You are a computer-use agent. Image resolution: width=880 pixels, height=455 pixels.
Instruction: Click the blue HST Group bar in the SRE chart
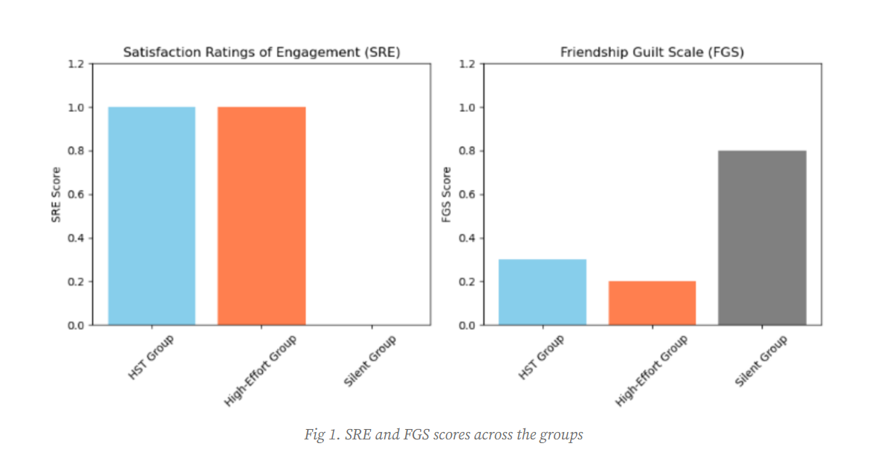click(152, 216)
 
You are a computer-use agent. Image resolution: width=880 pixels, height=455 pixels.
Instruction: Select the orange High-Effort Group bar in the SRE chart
click(262, 216)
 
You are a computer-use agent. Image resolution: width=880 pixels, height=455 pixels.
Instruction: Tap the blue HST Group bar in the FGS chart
click(542, 292)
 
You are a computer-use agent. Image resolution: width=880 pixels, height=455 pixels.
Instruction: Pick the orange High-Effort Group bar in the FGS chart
click(652, 303)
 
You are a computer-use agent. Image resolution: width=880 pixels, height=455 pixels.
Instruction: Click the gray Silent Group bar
click(762, 238)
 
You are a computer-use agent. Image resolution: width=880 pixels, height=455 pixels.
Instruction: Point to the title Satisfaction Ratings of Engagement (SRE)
click(260, 53)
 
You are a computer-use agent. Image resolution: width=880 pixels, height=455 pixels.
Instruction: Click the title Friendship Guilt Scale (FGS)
click(652, 53)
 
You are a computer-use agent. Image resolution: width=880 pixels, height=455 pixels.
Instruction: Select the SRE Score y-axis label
click(56, 194)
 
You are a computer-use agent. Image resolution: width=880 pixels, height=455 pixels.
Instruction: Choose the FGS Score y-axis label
click(447, 194)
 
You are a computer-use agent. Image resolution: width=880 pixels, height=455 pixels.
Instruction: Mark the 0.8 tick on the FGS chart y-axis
click(467, 151)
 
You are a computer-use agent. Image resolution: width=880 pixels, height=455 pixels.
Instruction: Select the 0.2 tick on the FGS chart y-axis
click(467, 282)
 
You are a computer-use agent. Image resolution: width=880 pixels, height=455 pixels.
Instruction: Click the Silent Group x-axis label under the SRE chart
click(370, 361)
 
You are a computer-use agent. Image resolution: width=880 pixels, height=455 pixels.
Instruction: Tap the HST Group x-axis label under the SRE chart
click(151, 358)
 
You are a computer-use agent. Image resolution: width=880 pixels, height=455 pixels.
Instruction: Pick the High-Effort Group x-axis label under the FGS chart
click(652, 370)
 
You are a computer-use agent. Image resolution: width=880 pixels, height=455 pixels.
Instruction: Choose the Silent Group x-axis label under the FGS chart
click(761, 361)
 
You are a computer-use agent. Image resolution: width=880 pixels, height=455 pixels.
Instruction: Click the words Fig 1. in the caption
click(319, 435)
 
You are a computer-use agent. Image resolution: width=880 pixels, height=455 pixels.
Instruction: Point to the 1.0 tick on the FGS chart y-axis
click(467, 108)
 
